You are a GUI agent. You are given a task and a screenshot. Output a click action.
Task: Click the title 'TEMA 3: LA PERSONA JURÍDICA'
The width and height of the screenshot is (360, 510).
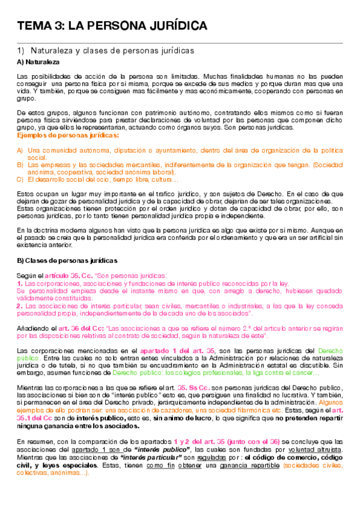[112, 26]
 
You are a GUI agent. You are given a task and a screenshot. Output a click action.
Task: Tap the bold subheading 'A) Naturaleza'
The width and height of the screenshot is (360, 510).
[38, 62]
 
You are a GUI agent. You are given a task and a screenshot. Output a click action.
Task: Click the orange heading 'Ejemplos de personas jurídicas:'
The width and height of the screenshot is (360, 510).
[67, 136]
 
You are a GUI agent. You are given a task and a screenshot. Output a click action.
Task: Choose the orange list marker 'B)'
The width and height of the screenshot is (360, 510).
[20, 164]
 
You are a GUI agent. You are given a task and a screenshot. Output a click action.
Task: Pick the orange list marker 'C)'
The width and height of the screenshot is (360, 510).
[20, 179]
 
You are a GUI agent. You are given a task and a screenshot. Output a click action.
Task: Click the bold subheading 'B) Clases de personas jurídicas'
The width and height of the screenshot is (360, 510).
[67, 260]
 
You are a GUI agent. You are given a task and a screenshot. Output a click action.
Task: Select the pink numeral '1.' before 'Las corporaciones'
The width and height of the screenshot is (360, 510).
[20, 282]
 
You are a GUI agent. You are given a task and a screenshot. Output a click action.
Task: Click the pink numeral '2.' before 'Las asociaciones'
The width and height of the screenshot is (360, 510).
[20, 306]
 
